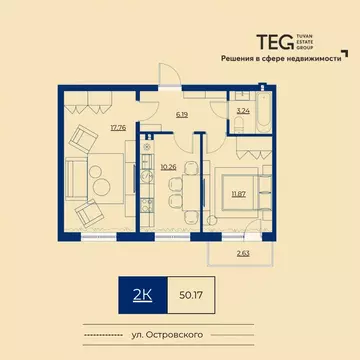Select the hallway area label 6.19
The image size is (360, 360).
pos(182,117)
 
